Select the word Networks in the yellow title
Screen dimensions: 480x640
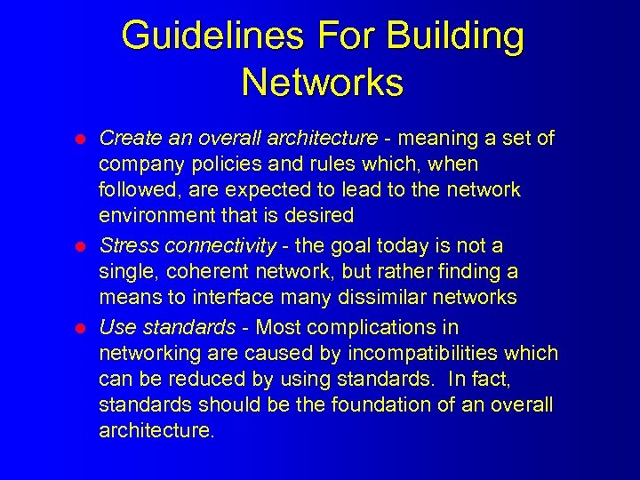pos(322,83)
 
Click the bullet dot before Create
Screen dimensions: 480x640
pos(79,140)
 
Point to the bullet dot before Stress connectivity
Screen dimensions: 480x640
pos(79,246)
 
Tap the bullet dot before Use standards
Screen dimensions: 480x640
pos(79,328)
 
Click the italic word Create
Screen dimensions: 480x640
pos(128,138)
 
